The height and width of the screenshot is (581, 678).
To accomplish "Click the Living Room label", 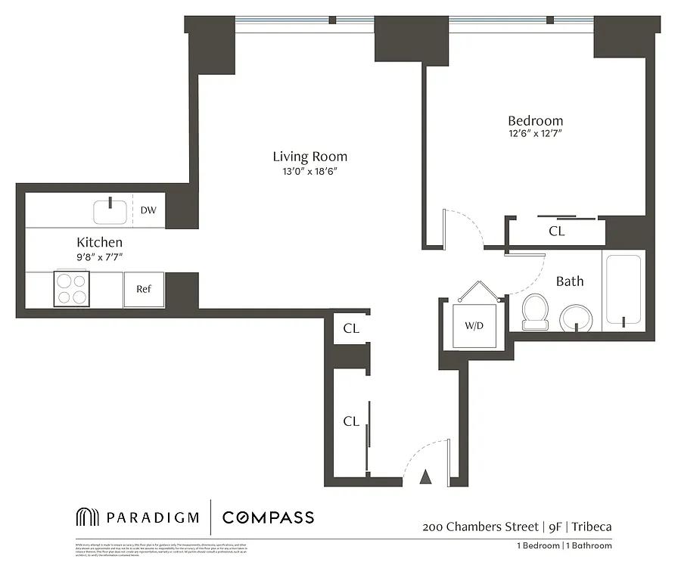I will pos(309,157).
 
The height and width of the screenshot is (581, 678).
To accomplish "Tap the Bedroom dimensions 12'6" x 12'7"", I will pos(535,134).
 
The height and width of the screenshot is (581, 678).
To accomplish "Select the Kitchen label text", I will pos(99,242).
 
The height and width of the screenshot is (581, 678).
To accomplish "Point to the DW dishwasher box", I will pos(148,210).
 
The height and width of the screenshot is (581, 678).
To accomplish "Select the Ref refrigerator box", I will pos(144,289).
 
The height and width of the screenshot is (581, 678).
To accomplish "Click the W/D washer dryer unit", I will pos(474,327).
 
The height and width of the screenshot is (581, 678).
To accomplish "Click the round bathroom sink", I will pos(579,318).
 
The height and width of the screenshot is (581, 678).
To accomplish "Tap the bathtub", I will pos(622,291).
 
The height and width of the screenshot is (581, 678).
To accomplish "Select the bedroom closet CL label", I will pos(556,231).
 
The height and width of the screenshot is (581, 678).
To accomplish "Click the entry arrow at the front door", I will pos(425,477).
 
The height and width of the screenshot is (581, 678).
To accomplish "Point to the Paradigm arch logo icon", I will pos(88,517).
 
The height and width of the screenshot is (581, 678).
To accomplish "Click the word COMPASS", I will pos(268,517).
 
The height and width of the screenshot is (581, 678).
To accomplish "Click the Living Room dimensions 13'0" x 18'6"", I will pos(309,172).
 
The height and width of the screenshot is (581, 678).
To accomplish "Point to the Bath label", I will pos(570,281).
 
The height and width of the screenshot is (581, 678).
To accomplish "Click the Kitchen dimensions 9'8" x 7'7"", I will pos(99,257).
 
